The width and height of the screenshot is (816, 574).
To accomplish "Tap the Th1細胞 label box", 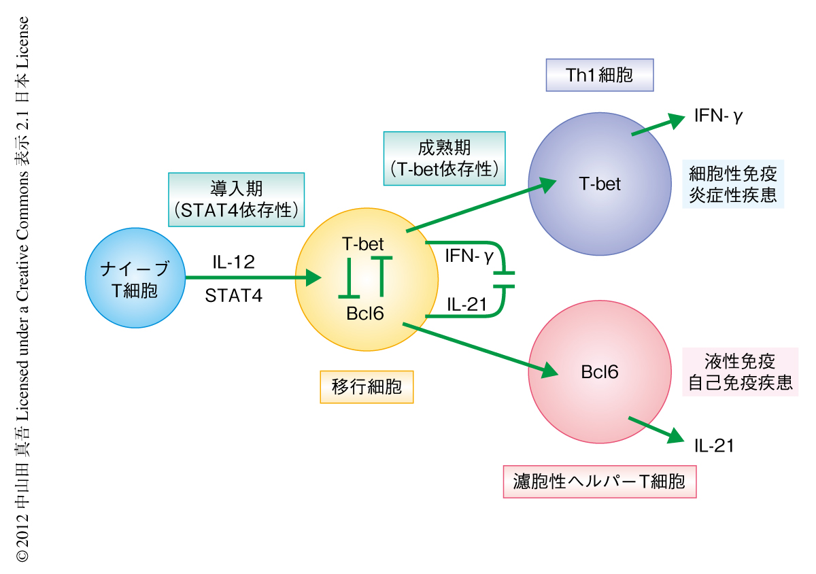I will pos(599,75).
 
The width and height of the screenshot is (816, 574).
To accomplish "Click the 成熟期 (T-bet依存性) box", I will pos(445,158).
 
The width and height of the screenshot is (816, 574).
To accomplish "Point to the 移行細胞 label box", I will pos(367,387).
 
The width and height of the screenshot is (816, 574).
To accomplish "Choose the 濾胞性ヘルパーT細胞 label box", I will pos(599,482).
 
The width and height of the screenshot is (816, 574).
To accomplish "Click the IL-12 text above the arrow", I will pos(233,262).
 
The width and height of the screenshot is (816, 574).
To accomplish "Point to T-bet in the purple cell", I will pos(600,184).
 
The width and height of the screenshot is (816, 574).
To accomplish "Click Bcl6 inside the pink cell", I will pos(600,372).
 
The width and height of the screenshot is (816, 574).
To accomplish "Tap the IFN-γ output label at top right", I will pos(718,116).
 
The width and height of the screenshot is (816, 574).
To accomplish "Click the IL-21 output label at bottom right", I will pos(714,446).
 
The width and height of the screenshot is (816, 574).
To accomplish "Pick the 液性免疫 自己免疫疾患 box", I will pos(740,371).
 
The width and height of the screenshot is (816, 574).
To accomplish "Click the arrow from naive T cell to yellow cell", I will pos(252,277).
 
